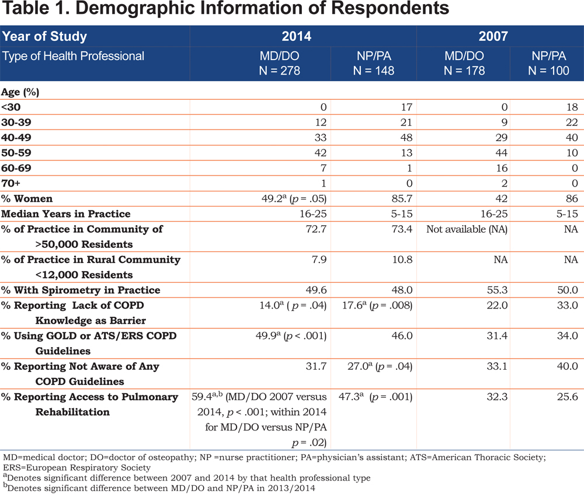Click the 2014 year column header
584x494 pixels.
coord(296,36)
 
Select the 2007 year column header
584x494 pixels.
coord(493,36)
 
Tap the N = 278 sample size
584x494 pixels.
coord(279,71)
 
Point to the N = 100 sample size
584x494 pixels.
coord(548,71)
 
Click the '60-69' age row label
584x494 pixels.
coord(16,168)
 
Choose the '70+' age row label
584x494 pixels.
coord(11,183)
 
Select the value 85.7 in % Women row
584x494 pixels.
coord(402,199)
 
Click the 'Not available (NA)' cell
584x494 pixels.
coord(467,229)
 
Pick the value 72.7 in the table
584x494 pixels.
coord(316,229)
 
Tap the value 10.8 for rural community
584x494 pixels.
coord(402,260)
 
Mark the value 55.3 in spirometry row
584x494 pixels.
coord(497,290)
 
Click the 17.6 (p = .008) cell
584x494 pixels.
coord(377,306)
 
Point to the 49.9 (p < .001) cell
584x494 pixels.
coord(291,336)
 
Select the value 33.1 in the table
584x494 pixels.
coord(497,366)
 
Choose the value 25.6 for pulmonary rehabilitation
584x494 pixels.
coord(568,397)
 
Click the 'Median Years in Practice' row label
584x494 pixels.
coord(66,214)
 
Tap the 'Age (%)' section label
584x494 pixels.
coord(20,92)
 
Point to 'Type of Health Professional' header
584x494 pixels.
coord(73,56)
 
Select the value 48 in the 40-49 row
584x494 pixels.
coord(406,138)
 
